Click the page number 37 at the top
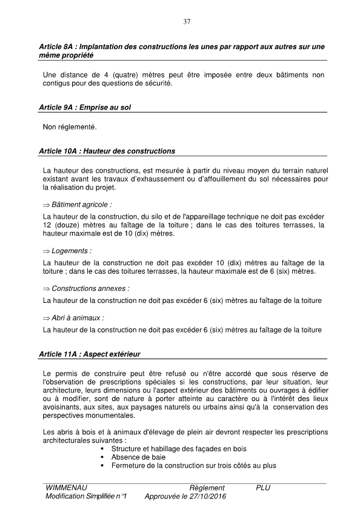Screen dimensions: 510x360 point(187,22)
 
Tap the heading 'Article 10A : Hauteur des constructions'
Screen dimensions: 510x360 point(107,150)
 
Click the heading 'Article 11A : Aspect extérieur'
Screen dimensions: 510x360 point(91,353)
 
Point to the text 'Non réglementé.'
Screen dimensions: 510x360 point(70,127)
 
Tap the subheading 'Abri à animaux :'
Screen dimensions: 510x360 point(78,317)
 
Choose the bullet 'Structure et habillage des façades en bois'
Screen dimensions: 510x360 point(179,448)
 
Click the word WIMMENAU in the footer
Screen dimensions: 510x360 point(65,488)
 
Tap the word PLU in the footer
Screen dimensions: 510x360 point(263,488)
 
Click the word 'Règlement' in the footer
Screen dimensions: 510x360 point(207,488)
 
